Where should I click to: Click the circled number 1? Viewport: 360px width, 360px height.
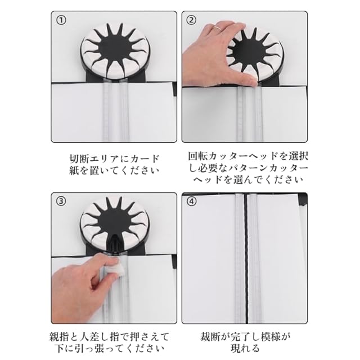tap(61, 21)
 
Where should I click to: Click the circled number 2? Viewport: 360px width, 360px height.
tap(191, 20)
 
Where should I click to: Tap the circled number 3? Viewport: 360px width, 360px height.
tap(61, 201)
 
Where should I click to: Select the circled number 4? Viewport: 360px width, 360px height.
tap(192, 202)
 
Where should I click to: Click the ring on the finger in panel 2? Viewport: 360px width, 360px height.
tap(217, 28)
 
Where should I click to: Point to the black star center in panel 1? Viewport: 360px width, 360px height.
tap(114, 49)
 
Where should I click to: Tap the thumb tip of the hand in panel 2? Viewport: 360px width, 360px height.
tap(252, 82)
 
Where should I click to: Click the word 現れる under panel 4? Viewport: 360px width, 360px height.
tap(245, 349)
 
